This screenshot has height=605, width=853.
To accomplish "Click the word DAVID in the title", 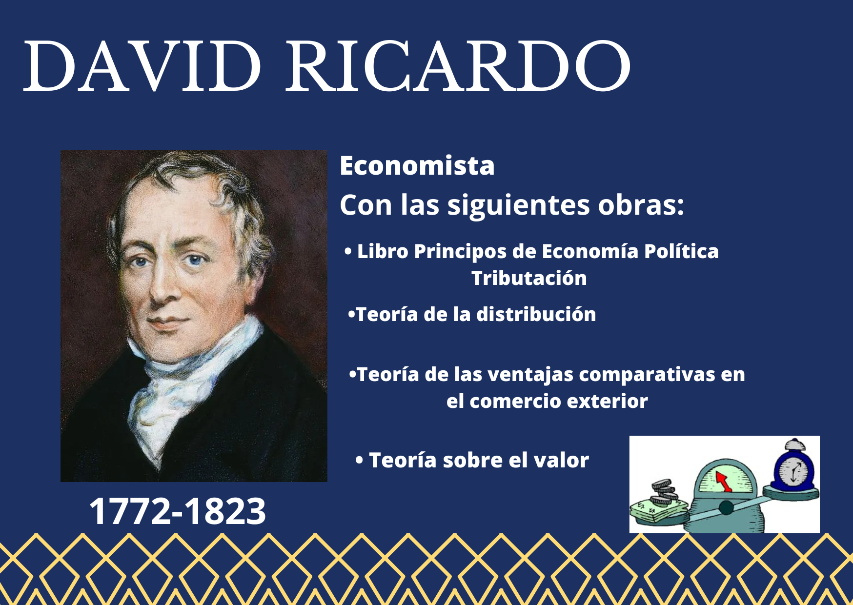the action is pos(142,66).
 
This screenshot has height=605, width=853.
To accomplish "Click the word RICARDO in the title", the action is pos(458,66).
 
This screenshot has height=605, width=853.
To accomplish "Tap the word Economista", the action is pos(417,166).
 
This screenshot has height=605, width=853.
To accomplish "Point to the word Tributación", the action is pos(529,278).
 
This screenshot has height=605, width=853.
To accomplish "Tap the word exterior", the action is pos(607,401).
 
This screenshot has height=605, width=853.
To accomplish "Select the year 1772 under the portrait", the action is pos(129,511).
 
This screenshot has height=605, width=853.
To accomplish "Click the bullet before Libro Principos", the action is pos(348,252).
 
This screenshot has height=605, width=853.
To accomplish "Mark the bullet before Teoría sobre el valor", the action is pos(359,460).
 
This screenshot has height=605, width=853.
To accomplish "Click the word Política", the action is pos(681,252).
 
